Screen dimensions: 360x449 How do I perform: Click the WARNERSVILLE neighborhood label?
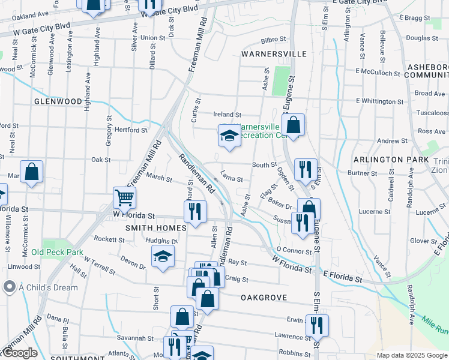click(x=274, y=54)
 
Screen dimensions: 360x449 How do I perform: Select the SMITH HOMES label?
click(x=149, y=228)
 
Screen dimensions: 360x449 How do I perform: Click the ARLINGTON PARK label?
click(x=391, y=160)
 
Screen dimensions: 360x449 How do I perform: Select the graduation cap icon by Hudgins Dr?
click(x=163, y=256)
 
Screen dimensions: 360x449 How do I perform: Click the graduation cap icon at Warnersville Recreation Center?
click(x=229, y=137)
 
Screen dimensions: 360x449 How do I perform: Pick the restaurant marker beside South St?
click(x=306, y=169)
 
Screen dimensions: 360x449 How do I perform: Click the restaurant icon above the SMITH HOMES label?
click(x=195, y=211)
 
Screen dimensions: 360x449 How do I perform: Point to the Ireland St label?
click(x=228, y=115)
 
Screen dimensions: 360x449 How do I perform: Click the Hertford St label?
click(x=131, y=130)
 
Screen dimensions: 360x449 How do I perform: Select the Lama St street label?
click(x=231, y=179)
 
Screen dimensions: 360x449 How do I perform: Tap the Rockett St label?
click(x=109, y=239)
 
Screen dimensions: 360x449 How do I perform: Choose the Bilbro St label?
click(x=274, y=40)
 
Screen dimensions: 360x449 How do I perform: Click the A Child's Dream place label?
click(x=48, y=287)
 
